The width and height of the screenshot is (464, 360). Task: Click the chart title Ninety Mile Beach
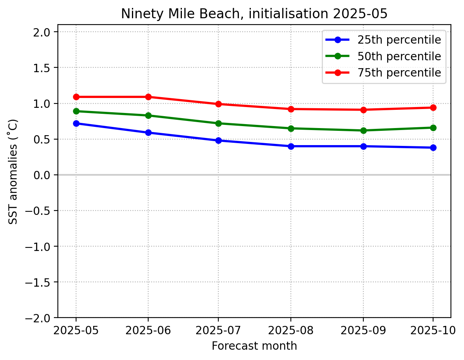coord(254,13)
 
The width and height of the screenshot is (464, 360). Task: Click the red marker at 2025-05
coord(76,97)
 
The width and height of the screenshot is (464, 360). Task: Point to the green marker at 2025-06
coord(148,115)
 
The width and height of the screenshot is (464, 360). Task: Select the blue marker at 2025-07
coord(218,140)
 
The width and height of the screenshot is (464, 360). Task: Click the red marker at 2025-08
coord(291,109)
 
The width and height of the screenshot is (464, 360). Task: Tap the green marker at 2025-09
coord(363,130)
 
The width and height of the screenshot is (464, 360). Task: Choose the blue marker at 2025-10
coord(433,147)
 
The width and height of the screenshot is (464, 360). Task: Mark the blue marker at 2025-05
coord(76,123)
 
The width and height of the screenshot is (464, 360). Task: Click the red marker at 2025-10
coord(433,107)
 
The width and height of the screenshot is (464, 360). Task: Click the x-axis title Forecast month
coord(254,346)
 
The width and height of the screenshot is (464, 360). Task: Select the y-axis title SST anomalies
coord(13,171)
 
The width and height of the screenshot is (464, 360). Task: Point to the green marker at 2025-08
coord(291,128)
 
